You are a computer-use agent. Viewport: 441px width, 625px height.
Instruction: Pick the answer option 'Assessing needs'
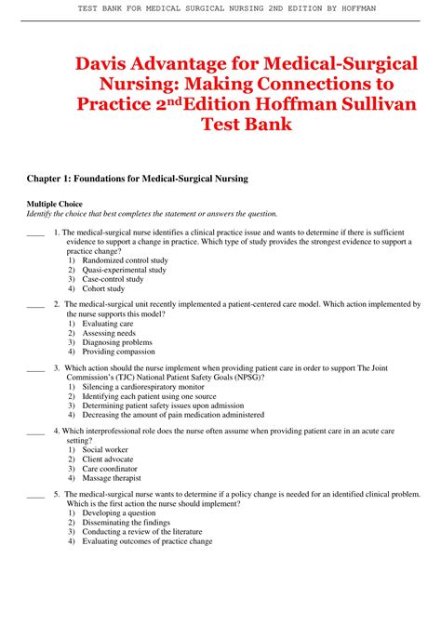click(x=109, y=333)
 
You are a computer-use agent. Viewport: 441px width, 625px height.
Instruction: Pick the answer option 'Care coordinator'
click(x=113, y=468)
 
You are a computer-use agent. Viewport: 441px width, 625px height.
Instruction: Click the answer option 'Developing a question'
click(x=119, y=513)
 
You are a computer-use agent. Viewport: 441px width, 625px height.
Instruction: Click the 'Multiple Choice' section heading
click(x=54, y=204)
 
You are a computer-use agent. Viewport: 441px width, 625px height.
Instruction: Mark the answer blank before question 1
click(x=35, y=234)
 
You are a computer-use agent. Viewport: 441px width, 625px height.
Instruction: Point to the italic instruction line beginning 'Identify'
click(x=152, y=213)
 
